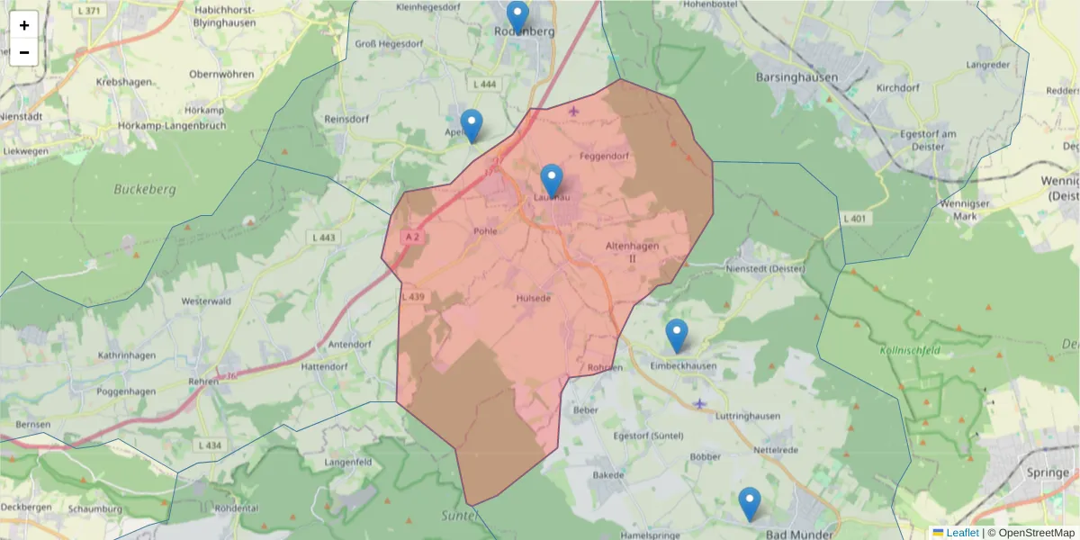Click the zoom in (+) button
pos(24,25)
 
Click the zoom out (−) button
pos(24,52)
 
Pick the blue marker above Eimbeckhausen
pos(676,336)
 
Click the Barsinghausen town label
pos(796,77)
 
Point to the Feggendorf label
pos(604,156)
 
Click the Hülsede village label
pos(534,298)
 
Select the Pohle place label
pos(485,231)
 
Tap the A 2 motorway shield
pos(412,237)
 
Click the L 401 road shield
pos(854,219)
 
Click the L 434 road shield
pos(208,445)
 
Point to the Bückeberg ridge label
pos(145,190)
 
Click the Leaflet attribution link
pos(961,533)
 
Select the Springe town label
pos(1048,473)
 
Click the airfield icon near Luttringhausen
pos(700,403)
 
